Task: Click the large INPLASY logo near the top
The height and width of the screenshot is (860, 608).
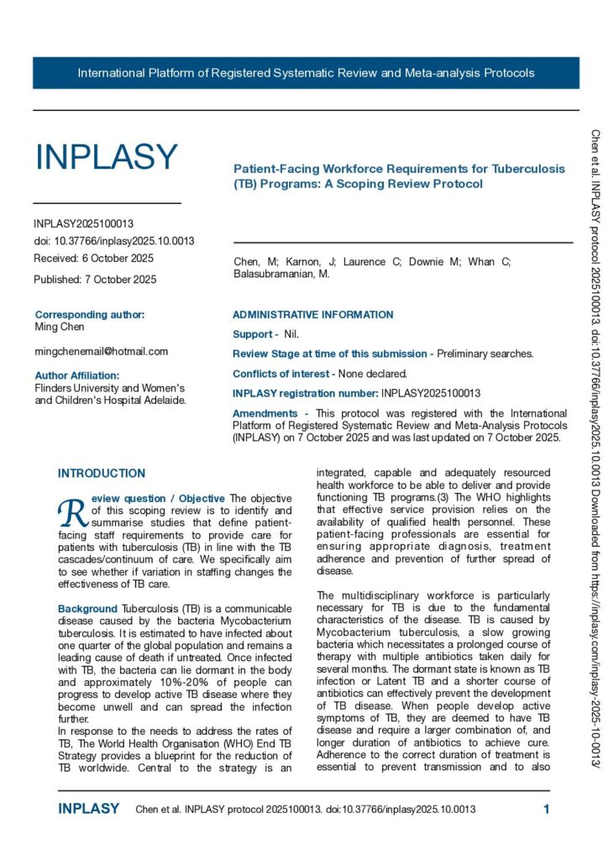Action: click(106, 157)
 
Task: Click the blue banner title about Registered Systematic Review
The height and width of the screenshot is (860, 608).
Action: click(306, 73)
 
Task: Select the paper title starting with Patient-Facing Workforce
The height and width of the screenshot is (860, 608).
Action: click(399, 176)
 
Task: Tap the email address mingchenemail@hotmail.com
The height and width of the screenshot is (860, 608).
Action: click(102, 351)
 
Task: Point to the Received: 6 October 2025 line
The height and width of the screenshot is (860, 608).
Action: click(94, 258)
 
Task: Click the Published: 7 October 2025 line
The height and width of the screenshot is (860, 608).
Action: click(95, 280)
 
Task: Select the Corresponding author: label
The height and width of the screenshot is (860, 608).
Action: click(90, 315)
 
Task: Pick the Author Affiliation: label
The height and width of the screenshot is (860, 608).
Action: click(77, 375)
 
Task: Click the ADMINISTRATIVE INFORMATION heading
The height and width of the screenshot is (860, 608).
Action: click(312, 315)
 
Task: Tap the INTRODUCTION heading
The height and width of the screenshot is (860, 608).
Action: click(102, 474)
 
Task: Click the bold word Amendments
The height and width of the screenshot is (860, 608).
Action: click(265, 413)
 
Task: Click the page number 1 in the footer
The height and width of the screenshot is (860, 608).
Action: click(547, 809)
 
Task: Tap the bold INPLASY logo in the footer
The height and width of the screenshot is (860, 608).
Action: click(89, 809)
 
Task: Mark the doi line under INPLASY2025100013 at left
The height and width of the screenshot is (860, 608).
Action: click(114, 241)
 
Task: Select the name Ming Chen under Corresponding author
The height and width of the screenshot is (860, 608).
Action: click(59, 326)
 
